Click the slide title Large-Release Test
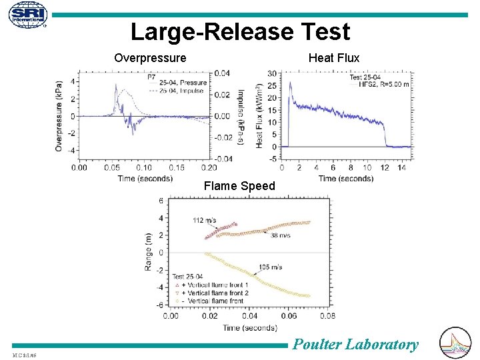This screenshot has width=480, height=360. point(240,31)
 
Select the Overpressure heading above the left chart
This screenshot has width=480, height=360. point(150,58)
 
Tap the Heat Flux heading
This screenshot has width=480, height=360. point(333,58)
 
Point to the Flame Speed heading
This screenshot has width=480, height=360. point(239,186)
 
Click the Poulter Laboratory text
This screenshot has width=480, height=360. point(356,344)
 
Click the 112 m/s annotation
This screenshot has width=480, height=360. point(205,221)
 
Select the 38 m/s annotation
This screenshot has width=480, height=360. point(281,235)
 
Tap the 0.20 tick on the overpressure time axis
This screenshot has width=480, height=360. point(209,167)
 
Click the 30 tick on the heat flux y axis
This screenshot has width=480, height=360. point(272,73)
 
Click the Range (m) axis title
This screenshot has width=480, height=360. point(149,251)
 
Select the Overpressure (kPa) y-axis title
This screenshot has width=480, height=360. point(59,116)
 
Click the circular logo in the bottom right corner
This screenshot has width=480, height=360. point(456,343)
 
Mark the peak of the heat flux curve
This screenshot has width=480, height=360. point(290,83)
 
